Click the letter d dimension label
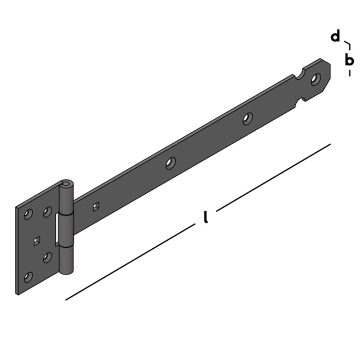(x=336, y=37)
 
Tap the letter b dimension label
(x=349, y=60)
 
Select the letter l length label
(x=206, y=216)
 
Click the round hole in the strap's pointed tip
(x=316, y=80)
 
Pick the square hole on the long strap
(x=95, y=207)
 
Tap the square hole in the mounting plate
(x=36, y=241)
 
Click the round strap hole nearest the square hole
(x=170, y=163)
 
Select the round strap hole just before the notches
(x=248, y=118)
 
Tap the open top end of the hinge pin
(x=66, y=185)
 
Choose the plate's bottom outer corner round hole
(x=28, y=278)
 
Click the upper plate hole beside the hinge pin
(x=47, y=212)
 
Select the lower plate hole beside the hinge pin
(x=47, y=257)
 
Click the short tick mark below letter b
(x=349, y=73)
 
